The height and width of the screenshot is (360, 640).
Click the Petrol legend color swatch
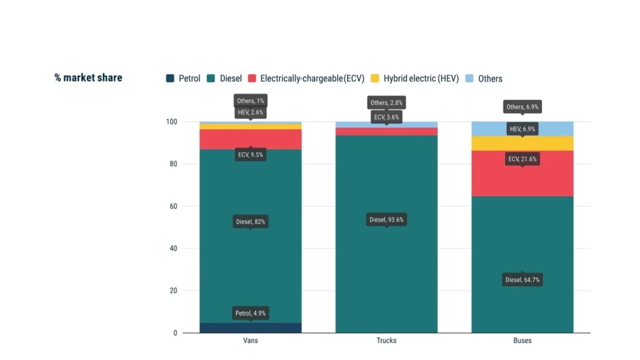pyautogui.click(x=170, y=78)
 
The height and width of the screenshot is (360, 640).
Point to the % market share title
pyautogui.click(x=88, y=78)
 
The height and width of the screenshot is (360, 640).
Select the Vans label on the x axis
pyautogui.click(x=251, y=341)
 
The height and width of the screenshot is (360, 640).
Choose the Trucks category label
pyautogui.click(x=386, y=341)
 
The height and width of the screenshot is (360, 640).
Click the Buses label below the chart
pyautogui.click(x=522, y=341)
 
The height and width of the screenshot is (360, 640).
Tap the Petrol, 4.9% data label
pyautogui.click(x=251, y=313)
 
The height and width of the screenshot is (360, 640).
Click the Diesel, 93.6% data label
pyautogui.click(x=386, y=219)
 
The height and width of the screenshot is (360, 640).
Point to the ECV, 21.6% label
pyautogui.click(x=522, y=159)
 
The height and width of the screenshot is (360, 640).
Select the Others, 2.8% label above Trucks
pyautogui.click(x=386, y=102)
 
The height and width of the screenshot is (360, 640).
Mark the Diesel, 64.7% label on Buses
pyautogui.click(x=522, y=279)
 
